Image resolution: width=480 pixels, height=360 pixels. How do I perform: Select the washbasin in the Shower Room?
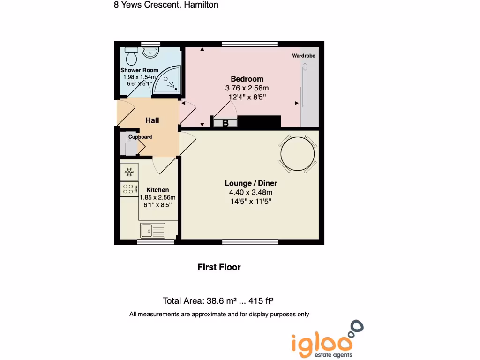pos(150,52)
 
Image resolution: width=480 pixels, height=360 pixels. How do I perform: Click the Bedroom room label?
pos(247,79)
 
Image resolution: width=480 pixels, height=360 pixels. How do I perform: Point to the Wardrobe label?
pos(304,56)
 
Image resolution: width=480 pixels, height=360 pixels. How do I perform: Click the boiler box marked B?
pos(225,123)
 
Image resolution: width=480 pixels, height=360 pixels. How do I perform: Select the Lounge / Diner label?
pos(251,183)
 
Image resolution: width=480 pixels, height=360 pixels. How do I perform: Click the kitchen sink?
pos(152,230)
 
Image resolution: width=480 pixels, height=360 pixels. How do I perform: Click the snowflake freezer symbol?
pos(129,172)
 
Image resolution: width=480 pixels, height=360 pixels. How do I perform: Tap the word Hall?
pos(152,120)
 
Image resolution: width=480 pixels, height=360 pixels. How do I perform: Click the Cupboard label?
pos(140,137)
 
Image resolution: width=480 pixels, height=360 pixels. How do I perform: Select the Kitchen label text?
pos(157,190)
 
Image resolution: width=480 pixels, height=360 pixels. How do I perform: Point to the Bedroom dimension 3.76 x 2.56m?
pos(247,88)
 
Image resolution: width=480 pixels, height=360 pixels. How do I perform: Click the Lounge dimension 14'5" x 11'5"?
pos(250,202)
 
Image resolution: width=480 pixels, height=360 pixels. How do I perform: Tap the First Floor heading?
pos(219,267)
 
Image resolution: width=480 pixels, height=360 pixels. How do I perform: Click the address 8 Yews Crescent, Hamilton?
pos(166,5)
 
